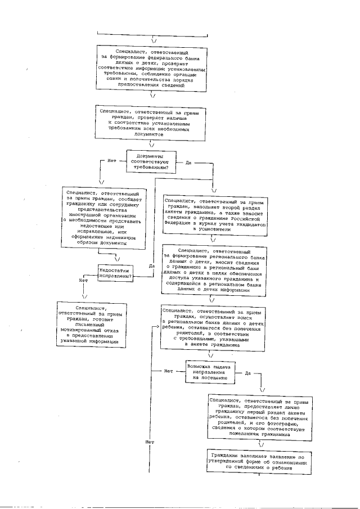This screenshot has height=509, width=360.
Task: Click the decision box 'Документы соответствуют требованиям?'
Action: coord(151,161)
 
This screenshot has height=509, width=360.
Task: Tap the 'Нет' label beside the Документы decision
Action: coord(112,161)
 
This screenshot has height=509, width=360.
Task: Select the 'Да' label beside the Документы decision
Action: coord(188,163)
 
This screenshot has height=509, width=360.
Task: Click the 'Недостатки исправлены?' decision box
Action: coord(115,273)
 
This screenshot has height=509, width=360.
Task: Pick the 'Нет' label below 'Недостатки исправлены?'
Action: coord(83,280)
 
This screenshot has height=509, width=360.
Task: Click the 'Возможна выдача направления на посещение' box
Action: coord(210,373)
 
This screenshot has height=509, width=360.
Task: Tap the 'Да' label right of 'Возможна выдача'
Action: coord(247,373)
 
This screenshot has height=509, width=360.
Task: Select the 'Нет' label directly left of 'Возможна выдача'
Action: coord(168,371)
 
